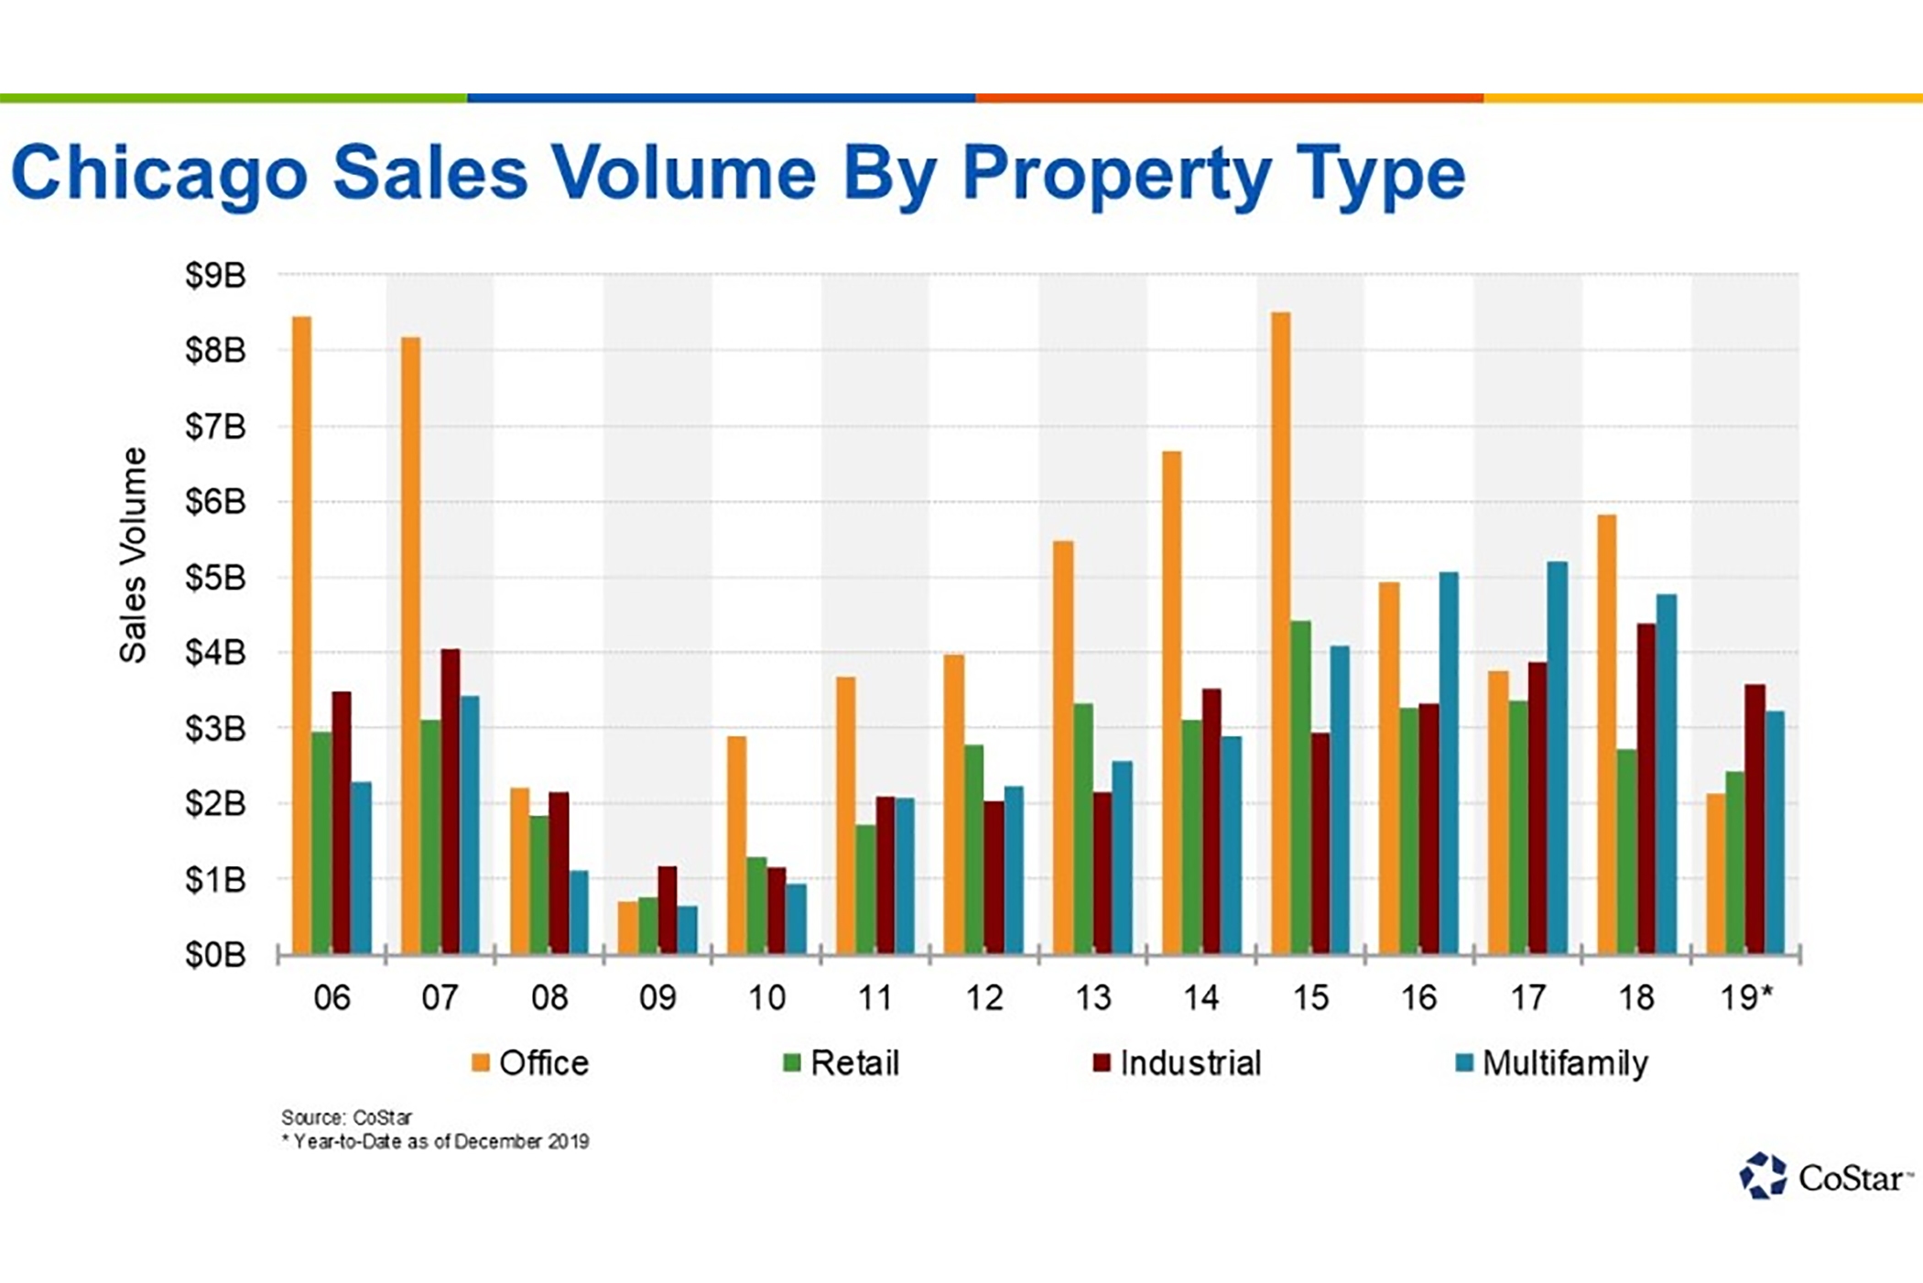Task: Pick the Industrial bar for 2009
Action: pyautogui.click(x=668, y=910)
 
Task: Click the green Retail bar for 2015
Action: pyautogui.click(x=1300, y=788)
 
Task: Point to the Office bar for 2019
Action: pyautogui.click(x=1715, y=874)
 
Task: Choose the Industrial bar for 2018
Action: pyautogui.click(x=1646, y=788)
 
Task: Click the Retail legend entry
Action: pyautogui.click(x=842, y=1063)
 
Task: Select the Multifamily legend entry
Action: pyautogui.click(x=1553, y=1063)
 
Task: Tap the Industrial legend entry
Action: pyautogui.click(x=1179, y=1063)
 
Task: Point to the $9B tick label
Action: pyautogui.click(x=215, y=276)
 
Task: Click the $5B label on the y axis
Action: pyautogui.click(x=215, y=578)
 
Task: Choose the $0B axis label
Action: pyautogui.click(x=215, y=956)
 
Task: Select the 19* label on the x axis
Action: pyautogui.click(x=1746, y=998)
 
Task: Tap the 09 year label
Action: pyautogui.click(x=657, y=998)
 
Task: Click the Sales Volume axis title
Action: pyautogui.click(x=134, y=555)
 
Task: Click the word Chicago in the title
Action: pyautogui.click(x=159, y=174)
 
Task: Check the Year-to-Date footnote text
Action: pyautogui.click(x=436, y=1142)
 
